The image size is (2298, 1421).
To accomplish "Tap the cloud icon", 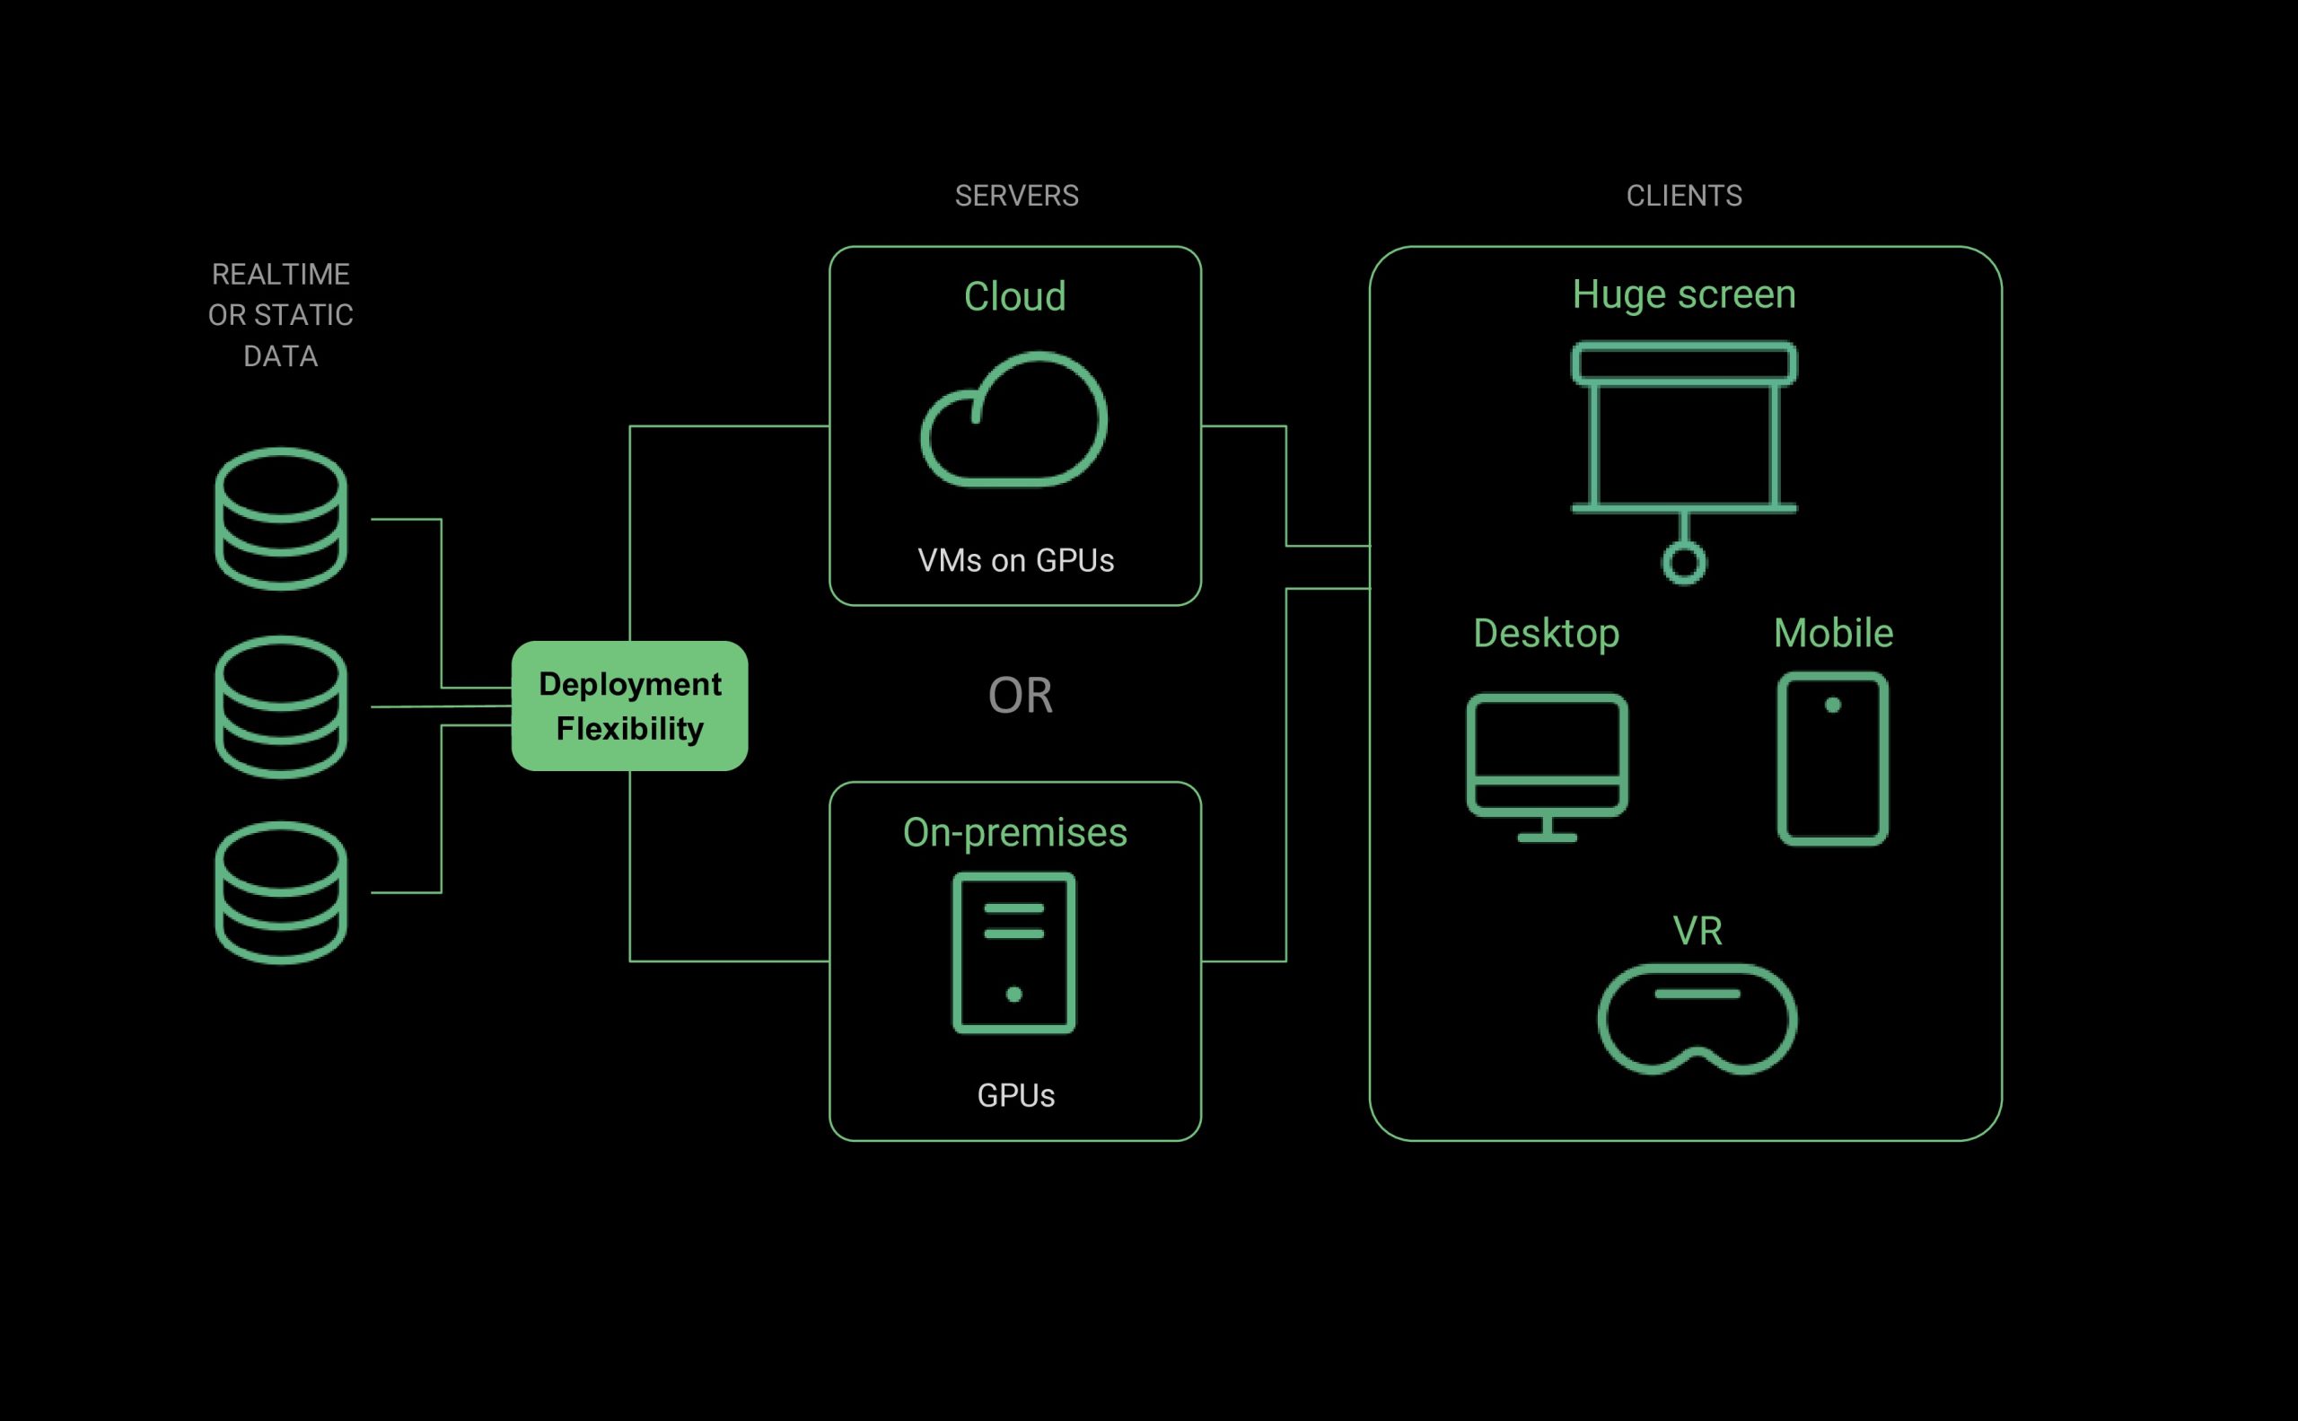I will pos(1014,420).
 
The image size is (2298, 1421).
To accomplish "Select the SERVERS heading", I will pos(1016,196).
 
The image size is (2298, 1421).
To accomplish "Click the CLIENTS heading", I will pos(1683,196).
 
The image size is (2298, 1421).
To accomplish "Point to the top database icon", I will pos(281,519).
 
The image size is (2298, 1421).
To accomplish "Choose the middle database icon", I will pos(281,706).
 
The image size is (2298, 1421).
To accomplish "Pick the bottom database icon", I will pos(281,893).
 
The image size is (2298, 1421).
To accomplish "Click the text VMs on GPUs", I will pos(1015,560).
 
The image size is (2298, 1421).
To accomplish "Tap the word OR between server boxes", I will pos(1020,696).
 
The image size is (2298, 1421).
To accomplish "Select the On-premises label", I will pos(1015,833).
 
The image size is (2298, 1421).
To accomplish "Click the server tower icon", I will pos(1014,953).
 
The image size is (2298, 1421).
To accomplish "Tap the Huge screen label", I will pos(1683,294).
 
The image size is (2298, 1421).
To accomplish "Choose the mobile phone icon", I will pos(1833,758).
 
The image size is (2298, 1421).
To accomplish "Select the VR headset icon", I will pos(1697,1019).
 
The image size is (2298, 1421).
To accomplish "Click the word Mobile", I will pos(1833,634).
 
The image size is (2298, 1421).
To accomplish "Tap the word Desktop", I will pos(1546,634).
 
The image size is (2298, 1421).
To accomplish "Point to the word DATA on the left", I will pos(280,356).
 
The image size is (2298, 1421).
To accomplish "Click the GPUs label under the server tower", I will pos(1015,1096).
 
